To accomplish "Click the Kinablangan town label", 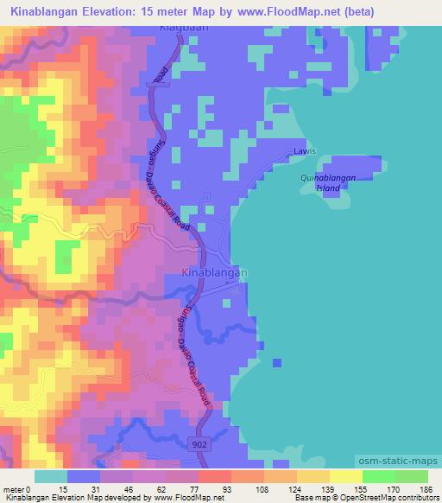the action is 217,272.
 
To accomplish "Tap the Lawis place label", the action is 300,151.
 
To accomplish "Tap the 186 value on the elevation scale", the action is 425,489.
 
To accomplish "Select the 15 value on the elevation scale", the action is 66,489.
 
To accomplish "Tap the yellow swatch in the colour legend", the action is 345,476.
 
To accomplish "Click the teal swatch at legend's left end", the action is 50,476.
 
